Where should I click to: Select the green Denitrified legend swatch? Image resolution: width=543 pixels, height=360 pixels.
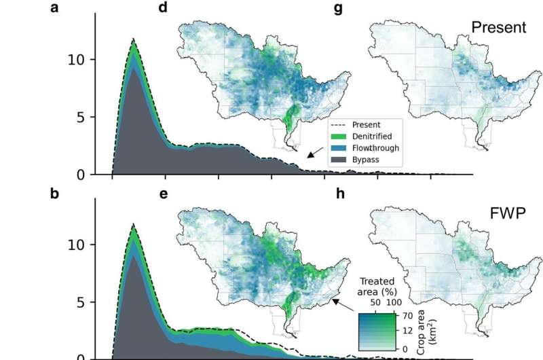341,137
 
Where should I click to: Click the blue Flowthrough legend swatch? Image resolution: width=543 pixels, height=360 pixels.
341,148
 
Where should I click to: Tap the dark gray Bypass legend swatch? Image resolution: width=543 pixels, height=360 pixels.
341,160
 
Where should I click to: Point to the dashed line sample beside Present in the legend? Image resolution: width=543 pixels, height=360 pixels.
341,125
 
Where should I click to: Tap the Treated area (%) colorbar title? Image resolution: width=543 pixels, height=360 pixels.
375,285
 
